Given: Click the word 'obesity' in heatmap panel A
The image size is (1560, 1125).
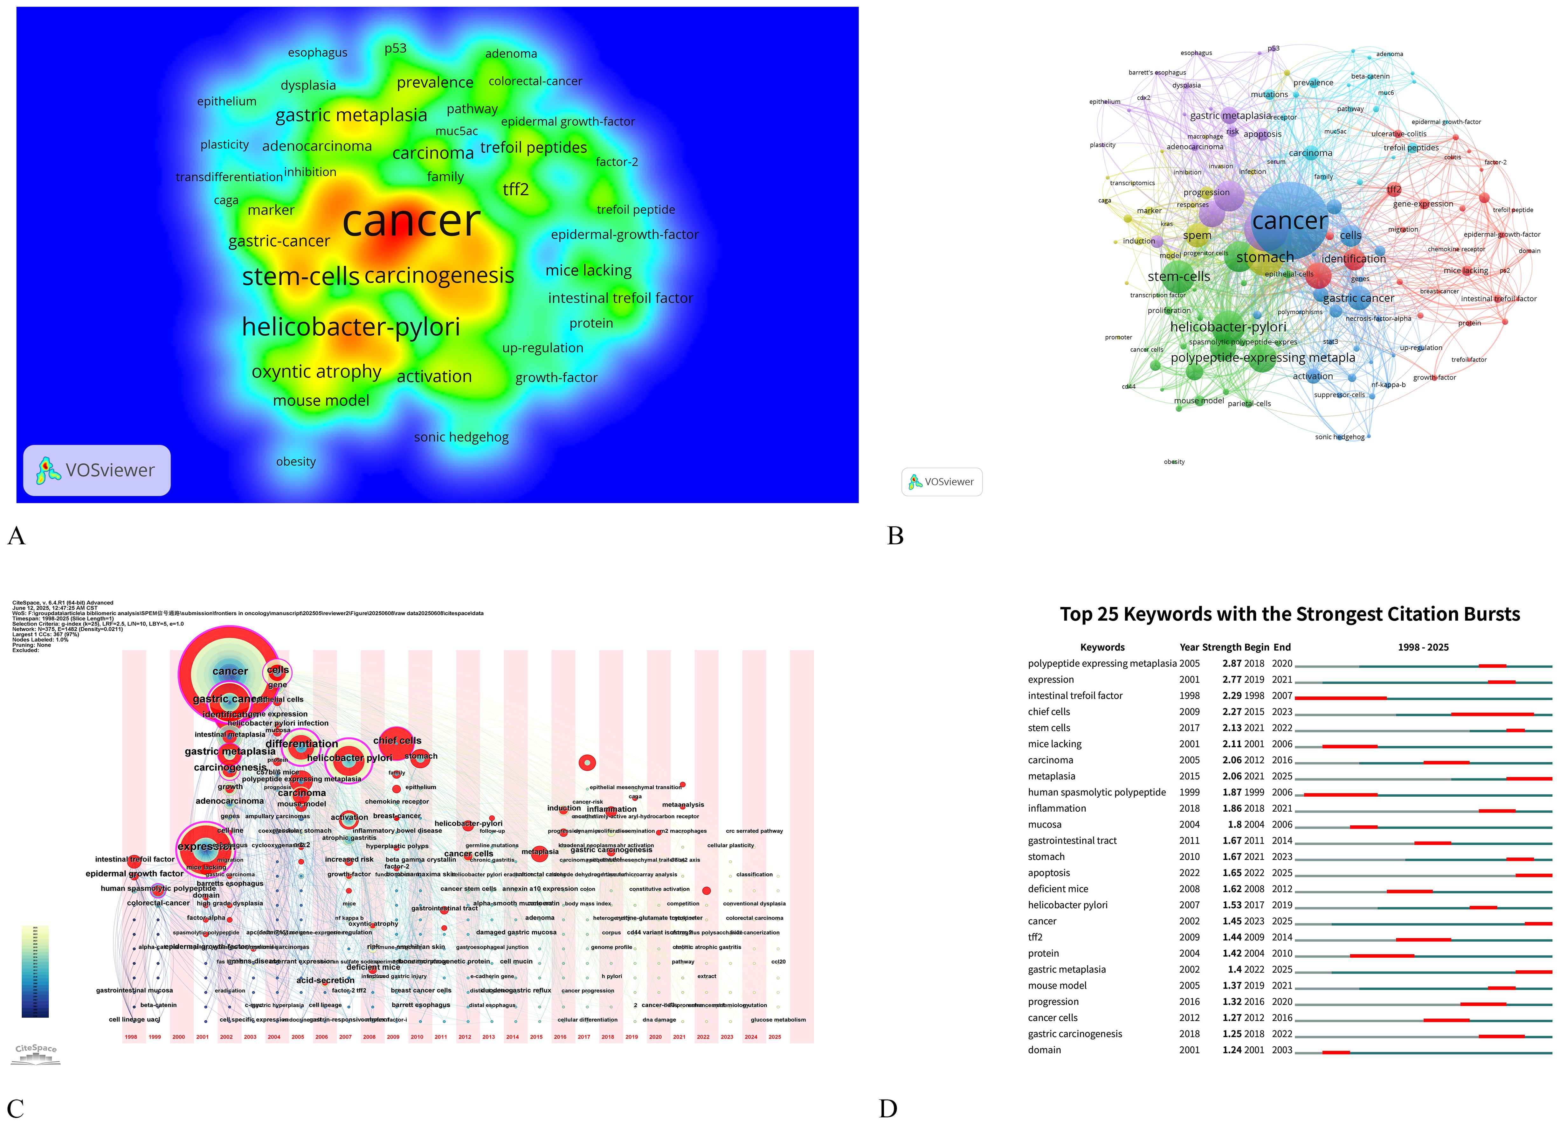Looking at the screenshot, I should click(296, 462).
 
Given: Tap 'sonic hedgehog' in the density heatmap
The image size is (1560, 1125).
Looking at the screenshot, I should click(461, 437).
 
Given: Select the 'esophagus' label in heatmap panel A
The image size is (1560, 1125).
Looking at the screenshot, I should click(317, 53).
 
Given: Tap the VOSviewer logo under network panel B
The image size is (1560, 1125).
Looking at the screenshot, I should click(942, 482).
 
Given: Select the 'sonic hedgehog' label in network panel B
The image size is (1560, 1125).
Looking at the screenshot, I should click(1339, 437).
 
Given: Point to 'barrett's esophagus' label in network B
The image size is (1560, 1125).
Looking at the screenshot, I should click(1157, 72).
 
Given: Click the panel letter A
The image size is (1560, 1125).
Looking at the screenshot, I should click(17, 536).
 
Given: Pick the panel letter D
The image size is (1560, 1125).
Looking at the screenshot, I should click(888, 1108).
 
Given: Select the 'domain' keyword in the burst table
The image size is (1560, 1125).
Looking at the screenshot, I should click(1044, 1050).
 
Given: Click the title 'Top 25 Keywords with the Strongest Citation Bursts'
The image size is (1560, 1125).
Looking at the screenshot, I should click(1290, 614).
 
